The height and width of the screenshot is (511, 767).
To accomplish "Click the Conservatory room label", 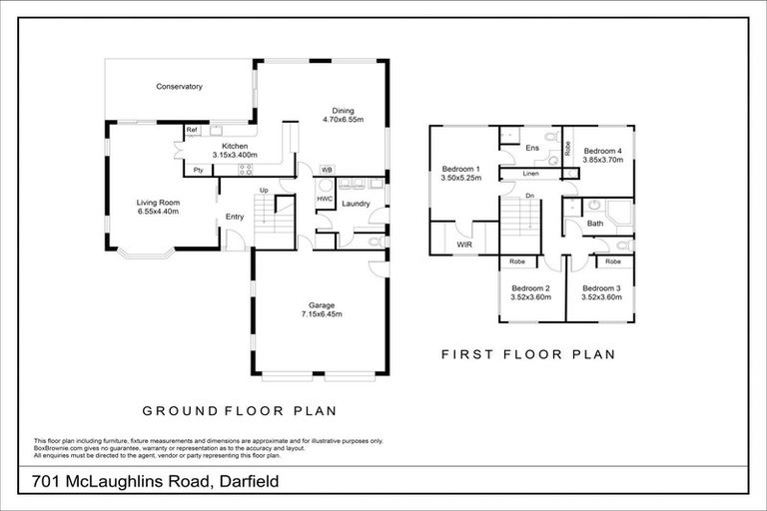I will (x=180, y=87).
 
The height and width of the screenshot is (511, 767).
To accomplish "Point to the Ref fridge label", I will (x=191, y=130).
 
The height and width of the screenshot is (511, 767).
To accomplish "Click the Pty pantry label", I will (x=199, y=170).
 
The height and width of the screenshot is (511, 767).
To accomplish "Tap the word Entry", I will (x=235, y=218).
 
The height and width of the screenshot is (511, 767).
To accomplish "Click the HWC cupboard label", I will (x=325, y=199).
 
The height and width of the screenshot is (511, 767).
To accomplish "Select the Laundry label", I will (x=356, y=205).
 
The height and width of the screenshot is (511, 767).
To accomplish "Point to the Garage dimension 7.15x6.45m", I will (x=322, y=314).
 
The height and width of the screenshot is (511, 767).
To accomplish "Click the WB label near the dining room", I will (x=326, y=170).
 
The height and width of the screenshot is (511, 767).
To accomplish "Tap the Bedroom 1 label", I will (x=461, y=169).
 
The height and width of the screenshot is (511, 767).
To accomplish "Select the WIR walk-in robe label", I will (x=464, y=243).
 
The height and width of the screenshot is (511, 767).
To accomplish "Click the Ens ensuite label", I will (x=532, y=148).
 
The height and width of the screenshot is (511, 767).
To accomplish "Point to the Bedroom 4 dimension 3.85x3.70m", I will (x=603, y=160).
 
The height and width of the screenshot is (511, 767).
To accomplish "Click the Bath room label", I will (x=594, y=224).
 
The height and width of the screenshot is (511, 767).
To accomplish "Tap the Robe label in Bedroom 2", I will (x=517, y=261).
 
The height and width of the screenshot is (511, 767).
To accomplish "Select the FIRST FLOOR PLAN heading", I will (x=527, y=354).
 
